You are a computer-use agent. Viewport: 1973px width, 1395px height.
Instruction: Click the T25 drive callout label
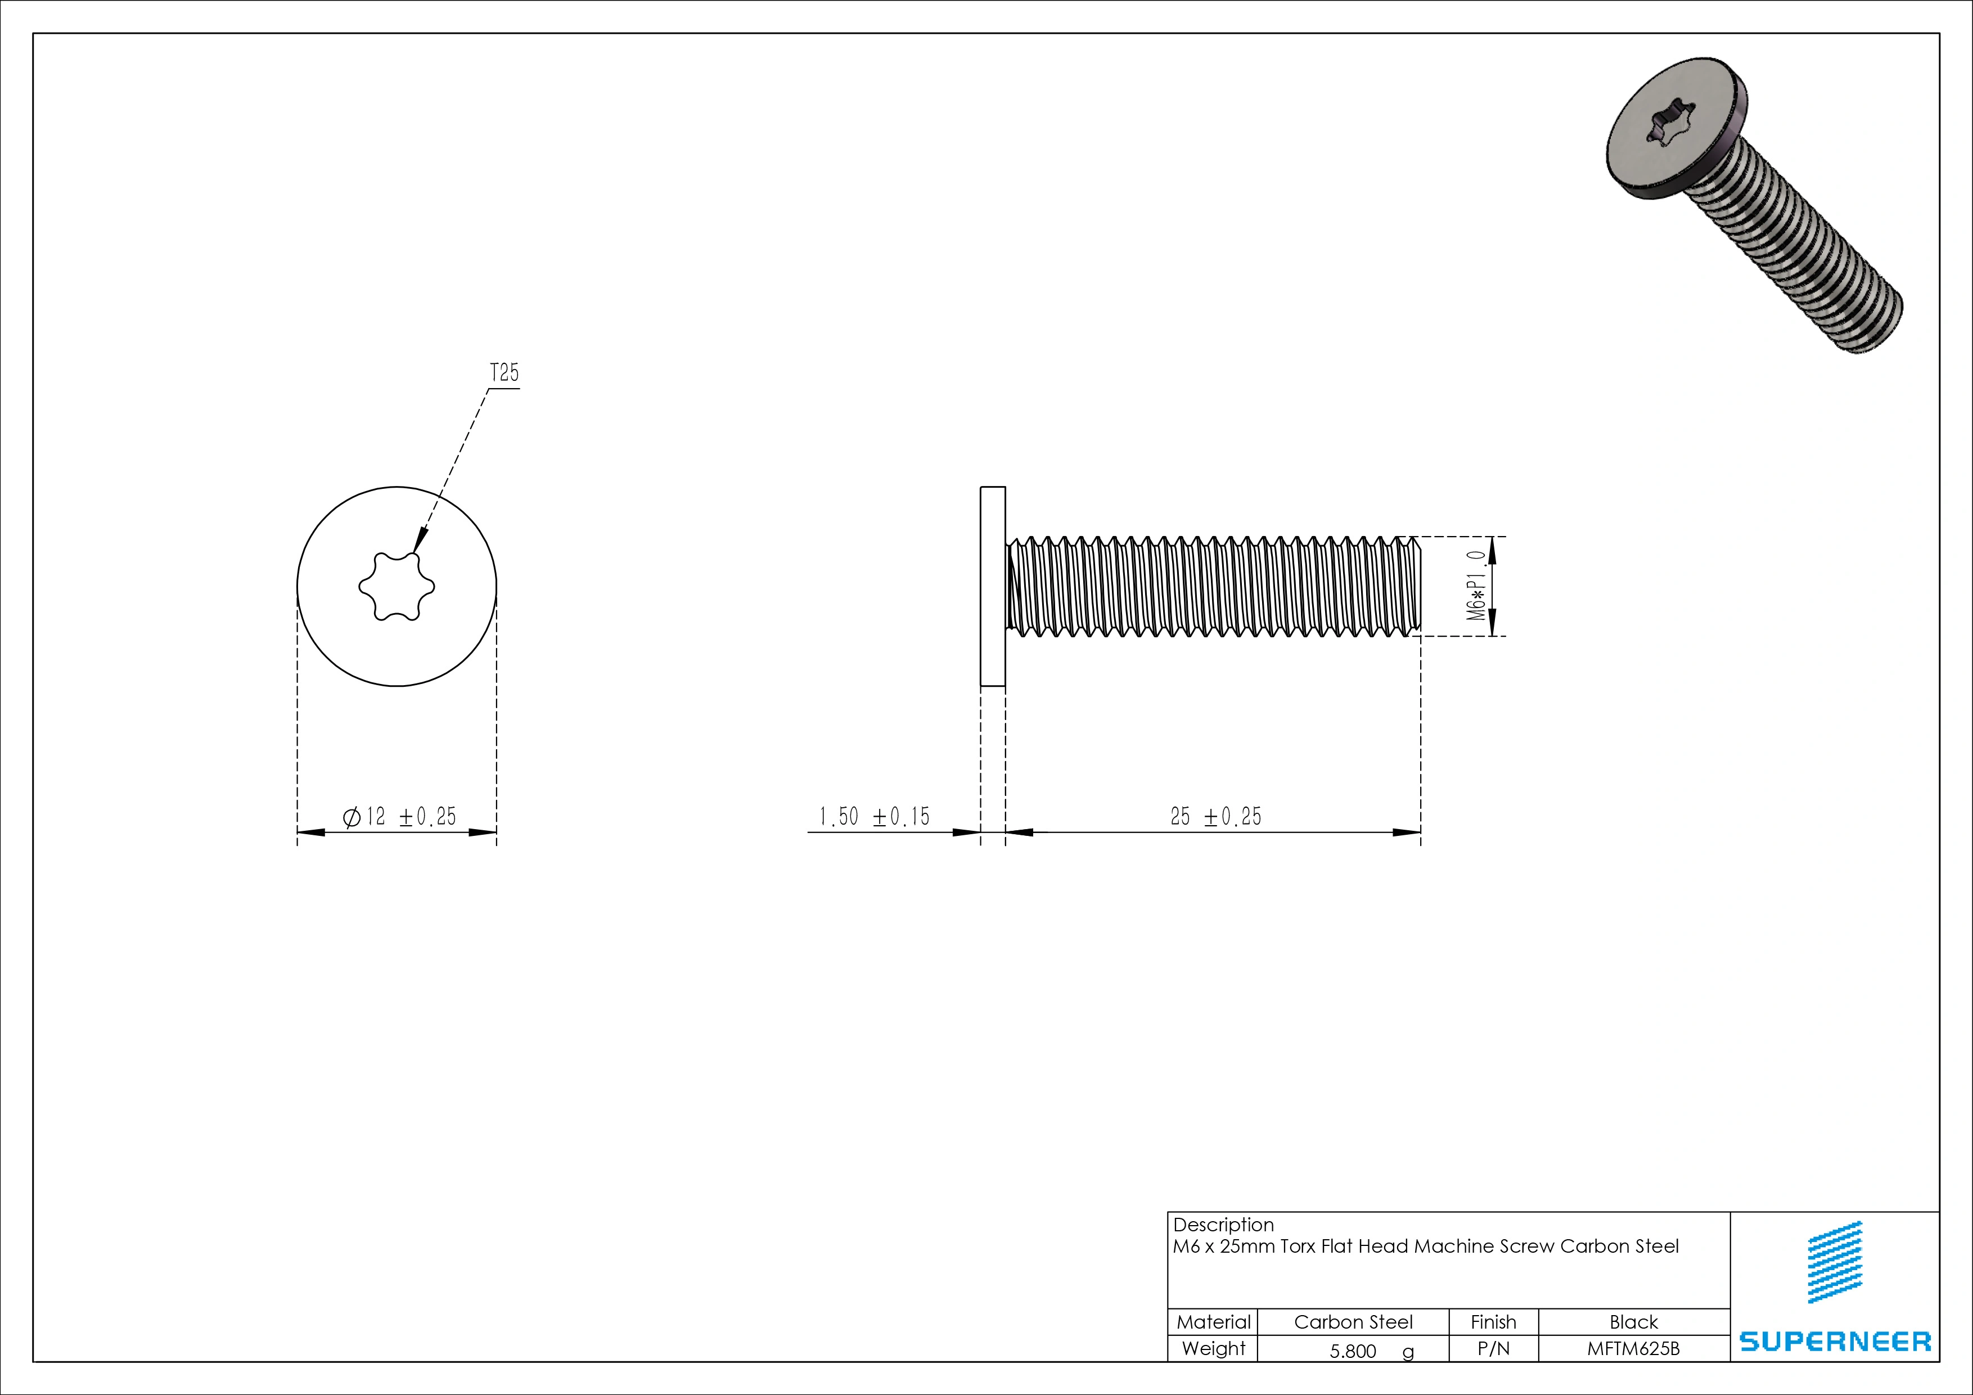click(504, 373)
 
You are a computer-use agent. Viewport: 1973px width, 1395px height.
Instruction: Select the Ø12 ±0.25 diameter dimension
click(399, 817)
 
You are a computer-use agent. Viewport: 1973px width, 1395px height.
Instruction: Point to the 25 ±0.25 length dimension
click(1215, 817)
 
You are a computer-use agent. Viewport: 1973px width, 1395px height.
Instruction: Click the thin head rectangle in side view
click(993, 586)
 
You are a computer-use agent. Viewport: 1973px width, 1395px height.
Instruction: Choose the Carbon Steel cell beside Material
click(1353, 1322)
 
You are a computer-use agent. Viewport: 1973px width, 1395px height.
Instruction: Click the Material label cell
click(1213, 1322)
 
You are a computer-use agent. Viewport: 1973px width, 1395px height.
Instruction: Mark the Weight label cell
click(1213, 1348)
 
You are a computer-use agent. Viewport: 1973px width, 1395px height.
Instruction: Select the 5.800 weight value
click(1353, 1351)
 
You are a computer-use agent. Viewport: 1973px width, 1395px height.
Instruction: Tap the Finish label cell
click(1493, 1322)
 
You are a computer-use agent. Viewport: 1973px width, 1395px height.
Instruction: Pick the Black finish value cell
click(1633, 1322)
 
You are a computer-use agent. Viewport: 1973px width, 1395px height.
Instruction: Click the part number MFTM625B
click(1633, 1348)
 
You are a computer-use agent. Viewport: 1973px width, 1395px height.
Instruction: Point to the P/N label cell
click(1493, 1348)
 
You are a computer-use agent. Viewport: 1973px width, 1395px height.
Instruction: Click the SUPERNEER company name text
click(1835, 1341)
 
